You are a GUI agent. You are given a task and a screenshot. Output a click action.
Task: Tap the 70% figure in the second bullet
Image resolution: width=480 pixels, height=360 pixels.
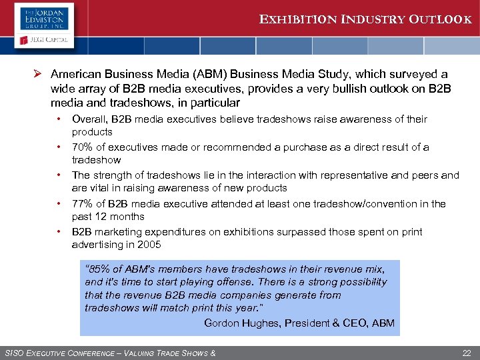(x=83, y=147)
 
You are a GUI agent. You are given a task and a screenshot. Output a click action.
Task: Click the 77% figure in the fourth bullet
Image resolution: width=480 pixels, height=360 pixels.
(x=83, y=204)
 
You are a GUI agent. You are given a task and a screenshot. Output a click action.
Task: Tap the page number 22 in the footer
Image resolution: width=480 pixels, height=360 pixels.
(x=467, y=352)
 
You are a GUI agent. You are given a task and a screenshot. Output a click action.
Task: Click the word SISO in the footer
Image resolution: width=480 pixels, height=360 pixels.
(x=14, y=352)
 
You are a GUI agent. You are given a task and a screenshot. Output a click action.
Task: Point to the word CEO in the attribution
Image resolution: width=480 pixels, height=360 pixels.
(x=359, y=323)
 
